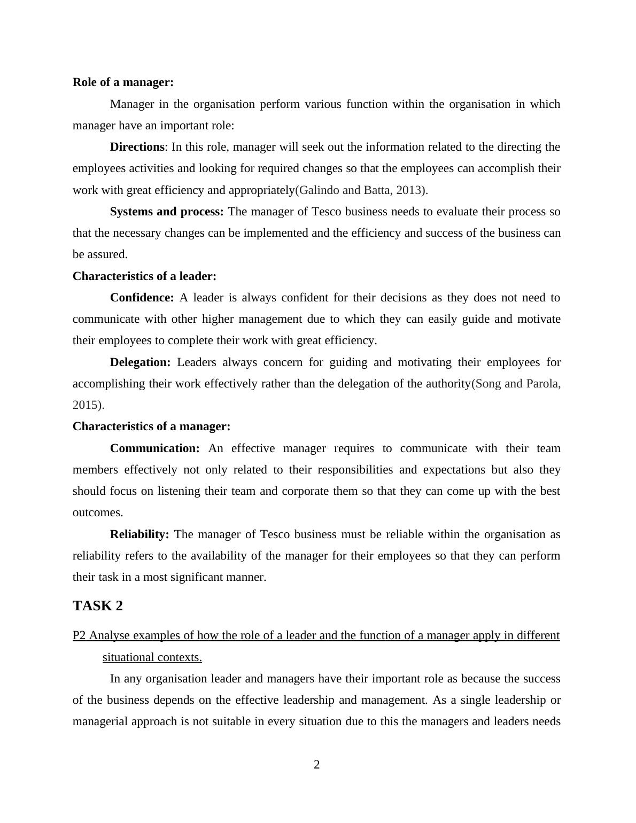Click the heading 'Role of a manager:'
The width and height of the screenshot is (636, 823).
[123, 82]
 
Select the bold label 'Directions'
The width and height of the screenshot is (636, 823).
[137, 147]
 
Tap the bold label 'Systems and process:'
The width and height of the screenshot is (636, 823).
[167, 212]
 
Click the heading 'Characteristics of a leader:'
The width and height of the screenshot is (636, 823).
[144, 276]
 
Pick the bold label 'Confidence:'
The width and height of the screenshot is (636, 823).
[142, 298]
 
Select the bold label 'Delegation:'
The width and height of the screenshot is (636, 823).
[140, 362]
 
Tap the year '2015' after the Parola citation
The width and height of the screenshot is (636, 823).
[85, 405]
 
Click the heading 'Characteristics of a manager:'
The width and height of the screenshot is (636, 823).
[151, 426]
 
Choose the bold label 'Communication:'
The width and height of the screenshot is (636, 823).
[154, 448]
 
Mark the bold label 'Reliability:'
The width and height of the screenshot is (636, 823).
[139, 534]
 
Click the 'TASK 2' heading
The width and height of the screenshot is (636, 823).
[98, 606]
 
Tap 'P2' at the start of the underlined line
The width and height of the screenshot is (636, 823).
[79, 635]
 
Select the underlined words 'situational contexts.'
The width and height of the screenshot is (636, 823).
[152, 657]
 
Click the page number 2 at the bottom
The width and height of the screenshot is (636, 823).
[317, 765]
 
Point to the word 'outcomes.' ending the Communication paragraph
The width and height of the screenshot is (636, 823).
[98, 513]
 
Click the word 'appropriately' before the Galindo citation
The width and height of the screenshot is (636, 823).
[261, 190]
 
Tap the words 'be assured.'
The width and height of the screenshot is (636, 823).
[100, 254]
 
